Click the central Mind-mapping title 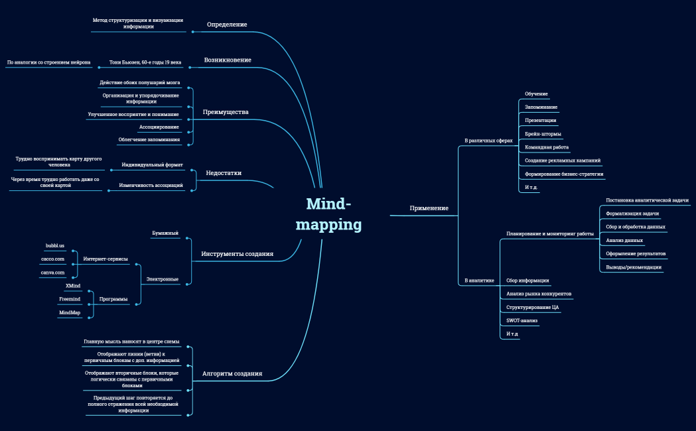pyautogui.click(x=328, y=214)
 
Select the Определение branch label pyautogui.click(x=227, y=25)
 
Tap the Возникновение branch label pyautogui.click(x=228, y=60)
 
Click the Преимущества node pyautogui.click(x=226, y=112)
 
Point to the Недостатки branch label pyautogui.click(x=224, y=173)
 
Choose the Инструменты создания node pyautogui.click(x=237, y=254)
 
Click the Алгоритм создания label pyautogui.click(x=232, y=374)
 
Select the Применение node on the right pyautogui.click(x=429, y=208)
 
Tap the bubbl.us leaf pyautogui.click(x=55, y=245)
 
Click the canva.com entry pyautogui.click(x=53, y=273)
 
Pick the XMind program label pyautogui.click(x=72, y=285)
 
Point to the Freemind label pyautogui.click(x=70, y=299)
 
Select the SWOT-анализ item pyautogui.click(x=522, y=320)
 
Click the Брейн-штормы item pyautogui.click(x=543, y=134)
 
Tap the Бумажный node pyautogui.click(x=165, y=233)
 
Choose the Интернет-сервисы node pyautogui.click(x=105, y=259)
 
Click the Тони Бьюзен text pyautogui.click(x=145, y=62)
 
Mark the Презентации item pyautogui.click(x=540, y=120)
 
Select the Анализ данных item pyautogui.click(x=624, y=240)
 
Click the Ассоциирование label pyautogui.click(x=159, y=127)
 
